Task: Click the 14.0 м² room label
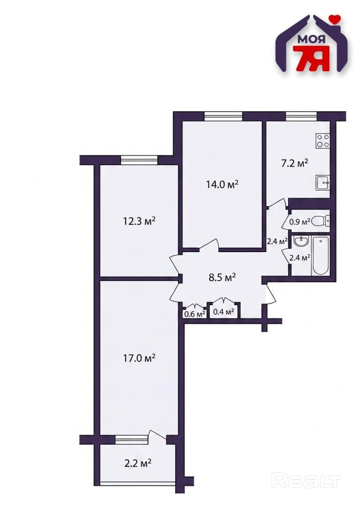[222, 184]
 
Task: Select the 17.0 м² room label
[139, 358]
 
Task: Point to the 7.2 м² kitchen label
[294, 163]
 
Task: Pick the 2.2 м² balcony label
[138, 464]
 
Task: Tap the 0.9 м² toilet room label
[300, 222]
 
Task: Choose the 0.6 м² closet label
[194, 314]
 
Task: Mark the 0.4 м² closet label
[223, 312]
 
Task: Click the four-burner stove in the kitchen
[323, 141]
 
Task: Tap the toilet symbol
[322, 221]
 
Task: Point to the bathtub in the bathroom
[321, 256]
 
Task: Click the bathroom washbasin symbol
[301, 241]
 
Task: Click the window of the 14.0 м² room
[223, 116]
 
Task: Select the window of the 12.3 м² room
[139, 160]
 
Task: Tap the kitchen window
[301, 116]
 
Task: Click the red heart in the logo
[335, 19]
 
